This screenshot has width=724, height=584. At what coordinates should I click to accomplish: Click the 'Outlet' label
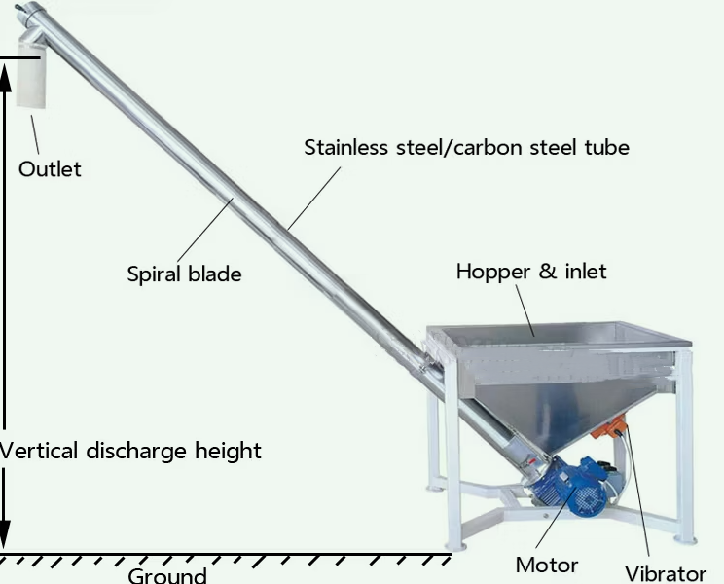pyautogui.click(x=50, y=169)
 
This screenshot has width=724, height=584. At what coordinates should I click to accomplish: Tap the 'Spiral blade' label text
pyautogui.click(x=184, y=274)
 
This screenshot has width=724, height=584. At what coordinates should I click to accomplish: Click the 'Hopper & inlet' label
pyautogui.click(x=531, y=271)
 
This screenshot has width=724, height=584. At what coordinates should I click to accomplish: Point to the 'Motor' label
pyautogui.click(x=547, y=566)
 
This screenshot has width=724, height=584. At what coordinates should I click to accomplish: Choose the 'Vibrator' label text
pyautogui.click(x=666, y=574)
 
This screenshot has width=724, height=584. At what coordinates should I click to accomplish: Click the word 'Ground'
pyautogui.click(x=167, y=575)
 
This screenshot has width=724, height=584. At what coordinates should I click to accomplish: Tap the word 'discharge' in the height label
pyautogui.click(x=136, y=451)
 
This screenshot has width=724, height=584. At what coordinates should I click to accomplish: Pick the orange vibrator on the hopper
pyautogui.click(x=608, y=427)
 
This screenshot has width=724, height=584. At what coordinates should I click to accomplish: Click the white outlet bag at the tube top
pyautogui.click(x=31, y=73)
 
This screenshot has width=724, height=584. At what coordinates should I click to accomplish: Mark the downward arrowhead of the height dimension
pyautogui.click(x=5, y=534)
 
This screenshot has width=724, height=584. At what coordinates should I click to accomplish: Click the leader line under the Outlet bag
pyautogui.click(x=35, y=134)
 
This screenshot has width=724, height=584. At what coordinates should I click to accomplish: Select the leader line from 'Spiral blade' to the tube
pyautogui.click(x=205, y=231)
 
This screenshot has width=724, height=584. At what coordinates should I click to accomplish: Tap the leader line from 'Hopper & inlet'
pyautogui.click(x=525, y=310)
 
